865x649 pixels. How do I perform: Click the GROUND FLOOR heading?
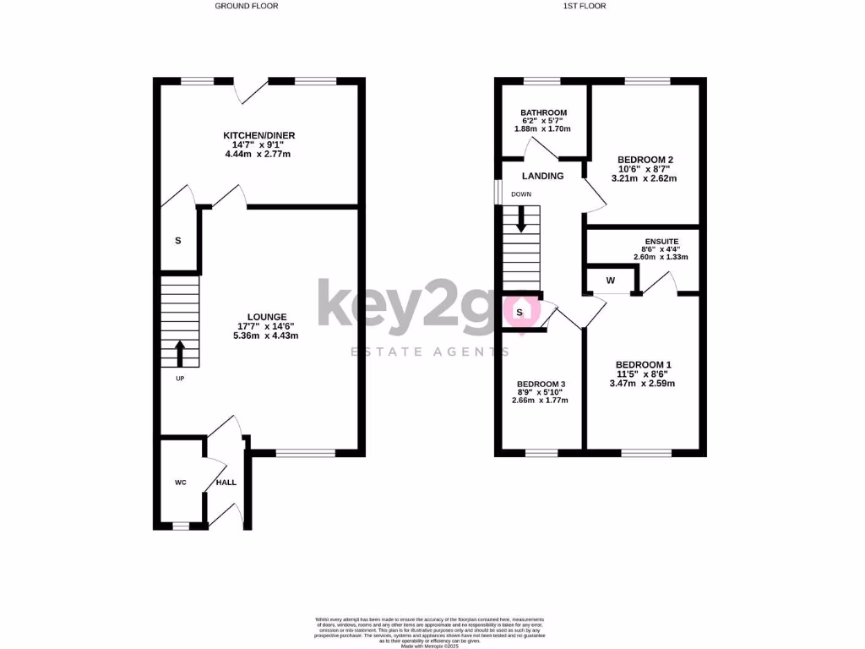246,6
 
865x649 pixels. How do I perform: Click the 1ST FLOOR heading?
585,6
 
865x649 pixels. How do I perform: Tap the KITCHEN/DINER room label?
258,136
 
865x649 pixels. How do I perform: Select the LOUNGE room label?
267,317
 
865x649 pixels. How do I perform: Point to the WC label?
180,483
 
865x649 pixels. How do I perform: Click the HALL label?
226,483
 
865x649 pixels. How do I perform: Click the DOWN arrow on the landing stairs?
521,221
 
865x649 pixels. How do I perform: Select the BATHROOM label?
543,112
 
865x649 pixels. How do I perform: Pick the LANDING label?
542,176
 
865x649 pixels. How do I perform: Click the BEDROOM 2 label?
645,160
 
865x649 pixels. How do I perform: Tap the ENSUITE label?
661,240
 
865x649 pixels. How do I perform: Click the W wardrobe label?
611,280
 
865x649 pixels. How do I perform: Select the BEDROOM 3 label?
541,384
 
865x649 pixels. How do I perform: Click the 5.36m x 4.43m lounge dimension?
267,335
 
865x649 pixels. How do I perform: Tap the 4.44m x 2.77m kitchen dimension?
258,155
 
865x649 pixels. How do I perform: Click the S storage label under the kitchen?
177,241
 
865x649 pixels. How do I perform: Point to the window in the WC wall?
180,526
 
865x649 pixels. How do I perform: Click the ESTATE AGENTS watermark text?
418,351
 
